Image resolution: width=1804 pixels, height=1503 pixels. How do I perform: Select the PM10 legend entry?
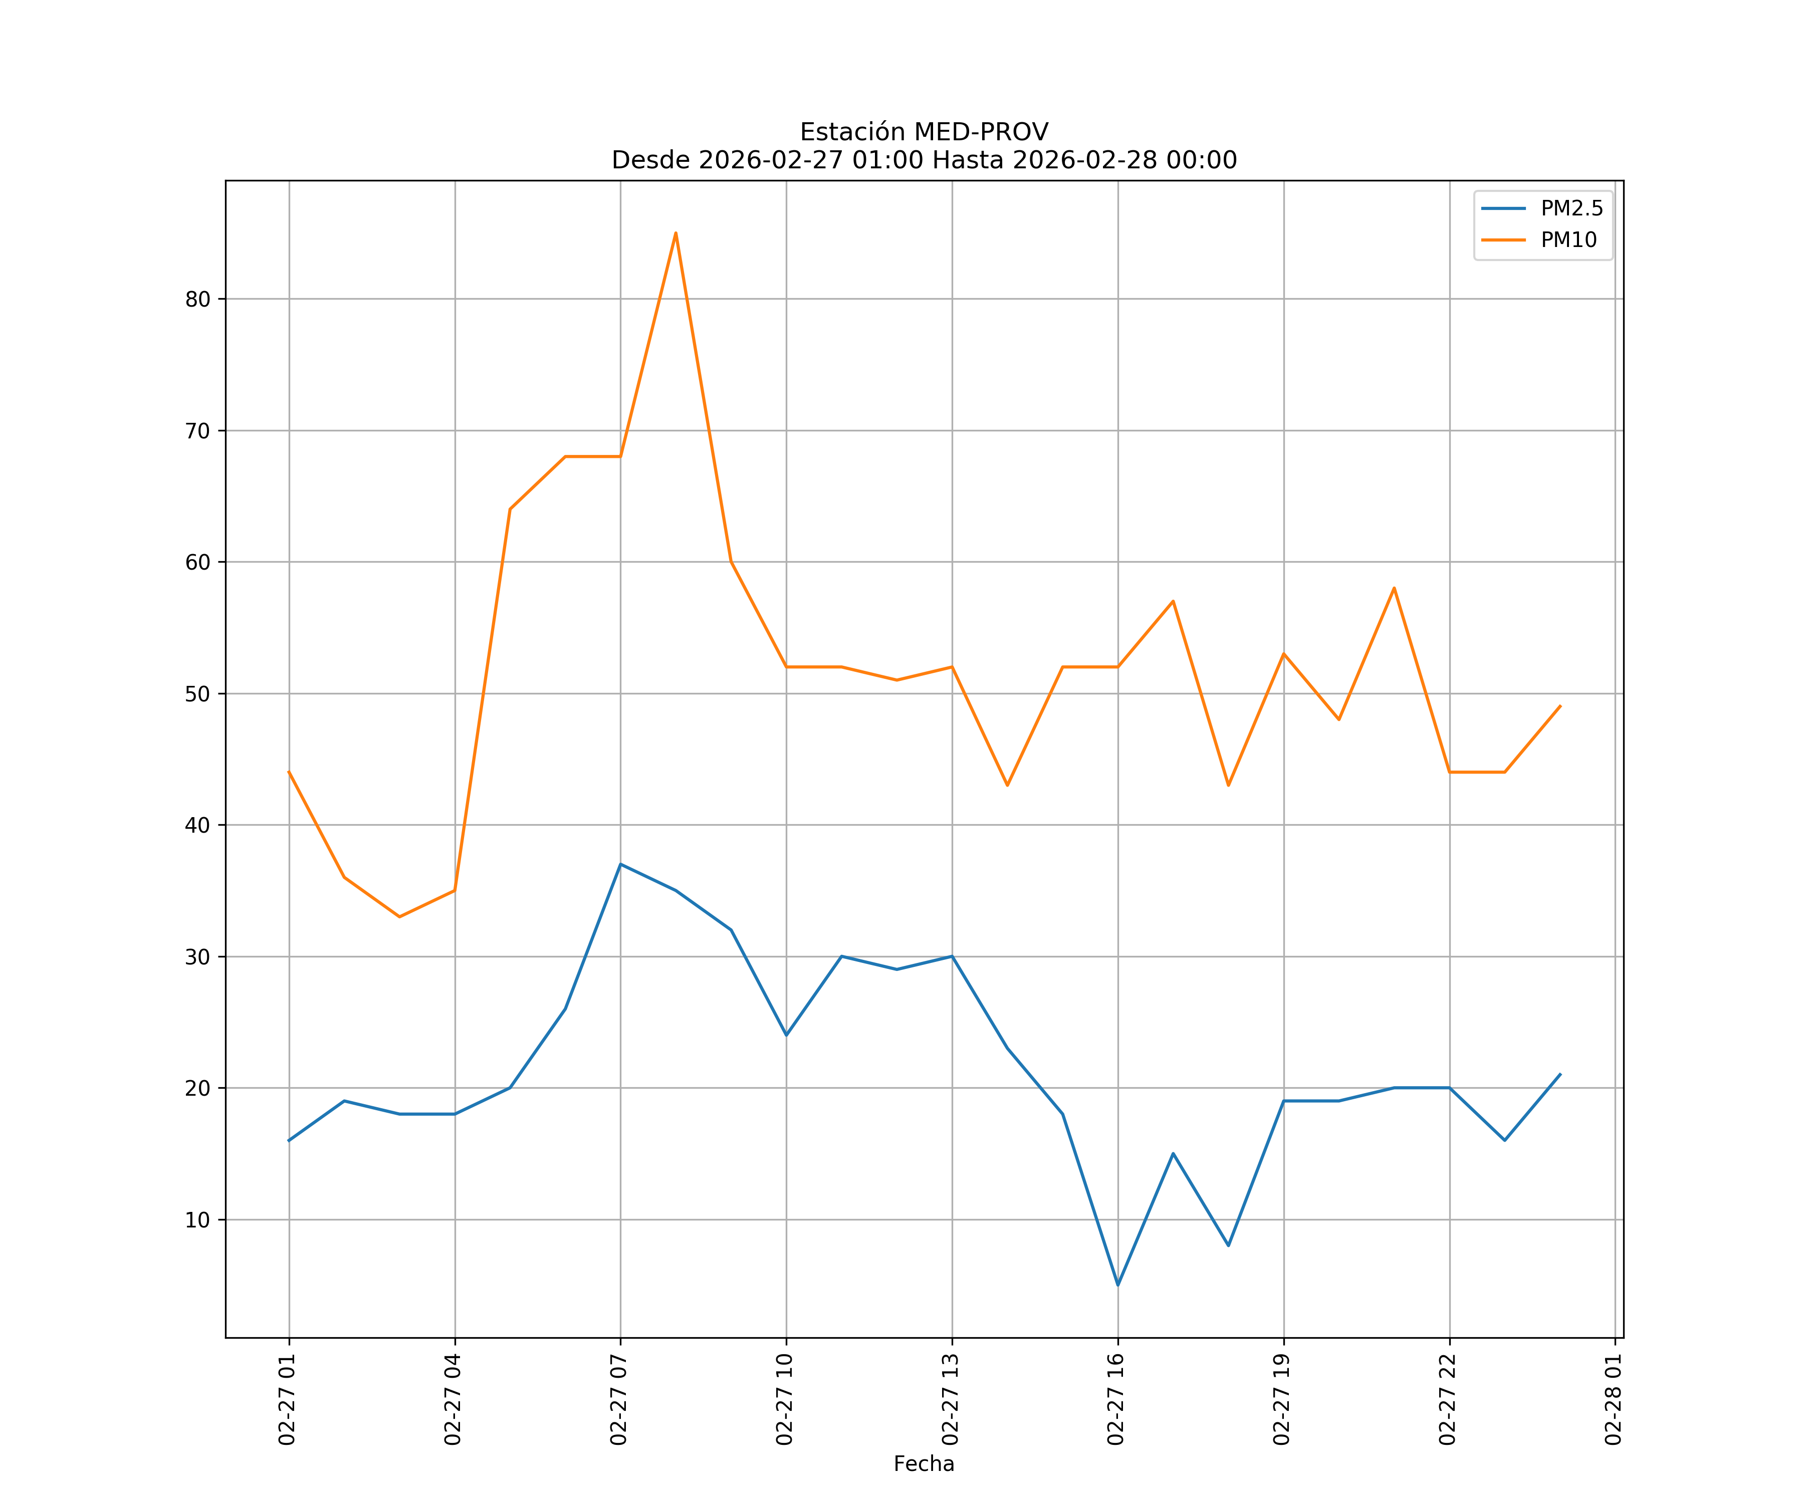1568,240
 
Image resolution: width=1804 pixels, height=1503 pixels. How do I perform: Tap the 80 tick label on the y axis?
197,300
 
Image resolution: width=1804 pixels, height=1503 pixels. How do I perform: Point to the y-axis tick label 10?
197,1220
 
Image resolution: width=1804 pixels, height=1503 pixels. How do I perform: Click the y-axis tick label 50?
197,694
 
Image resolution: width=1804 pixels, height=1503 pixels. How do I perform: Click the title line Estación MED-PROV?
924,132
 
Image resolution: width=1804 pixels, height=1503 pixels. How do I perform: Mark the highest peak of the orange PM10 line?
676,233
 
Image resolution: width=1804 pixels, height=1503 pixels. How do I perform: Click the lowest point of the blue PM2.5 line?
1117,1285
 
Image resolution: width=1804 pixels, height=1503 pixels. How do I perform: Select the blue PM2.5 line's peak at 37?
620,864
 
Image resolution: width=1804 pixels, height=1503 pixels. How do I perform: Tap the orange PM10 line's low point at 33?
399,916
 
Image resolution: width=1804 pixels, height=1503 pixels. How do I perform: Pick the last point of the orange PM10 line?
1560,706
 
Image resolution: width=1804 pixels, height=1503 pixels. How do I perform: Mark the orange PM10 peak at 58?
1394,588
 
